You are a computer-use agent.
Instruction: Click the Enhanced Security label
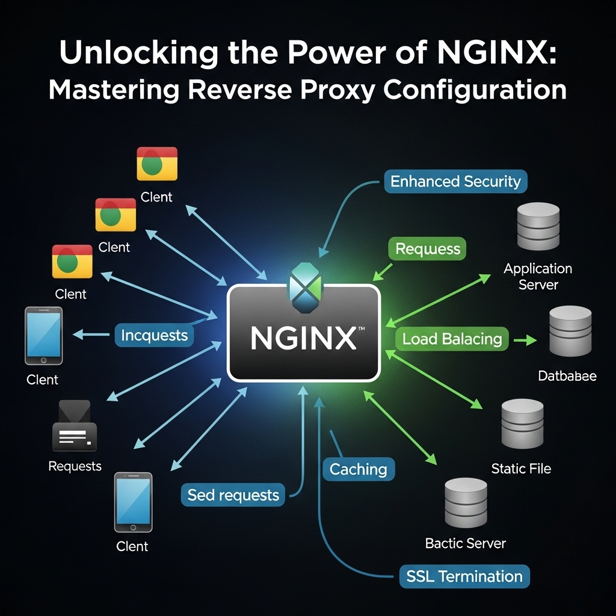point(455,181)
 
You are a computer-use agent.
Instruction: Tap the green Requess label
point(427,249)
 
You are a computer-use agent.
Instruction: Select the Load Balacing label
point(452,339)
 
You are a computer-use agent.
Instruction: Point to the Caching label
point(359,469)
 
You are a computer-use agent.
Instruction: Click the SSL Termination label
point(464,576)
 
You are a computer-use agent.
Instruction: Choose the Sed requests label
point(233,495)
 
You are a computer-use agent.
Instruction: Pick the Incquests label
point(154,335)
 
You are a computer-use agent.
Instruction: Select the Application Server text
point(538,276)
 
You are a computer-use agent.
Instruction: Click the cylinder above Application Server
point(538,227)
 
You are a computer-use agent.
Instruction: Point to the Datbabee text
point(567,377)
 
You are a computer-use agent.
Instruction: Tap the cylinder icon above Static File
point(522,423)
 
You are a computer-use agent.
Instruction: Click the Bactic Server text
point(465,543)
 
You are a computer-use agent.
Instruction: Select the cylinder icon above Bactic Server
point(465,502)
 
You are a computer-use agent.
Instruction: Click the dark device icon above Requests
point(75,427)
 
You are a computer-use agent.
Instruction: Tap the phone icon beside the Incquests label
point(43,336)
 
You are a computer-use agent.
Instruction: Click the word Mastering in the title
point(114,90)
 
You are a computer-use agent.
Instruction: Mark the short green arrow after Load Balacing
point(525,340)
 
